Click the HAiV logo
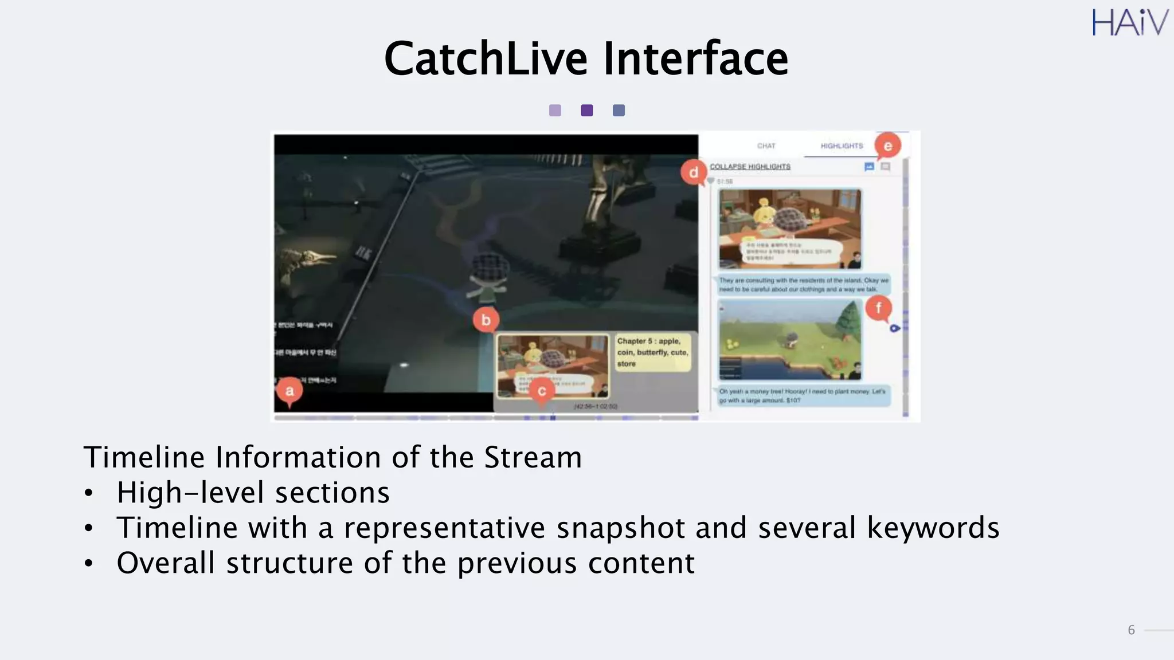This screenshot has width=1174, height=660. click(x=1129, y=23)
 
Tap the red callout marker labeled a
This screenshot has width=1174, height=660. click(x=289, y=391)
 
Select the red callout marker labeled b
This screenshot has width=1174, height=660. click(x=486, y=320)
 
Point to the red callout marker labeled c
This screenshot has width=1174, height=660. click(x=541, y=391)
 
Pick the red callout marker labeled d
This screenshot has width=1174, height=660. click(x=694, y=172)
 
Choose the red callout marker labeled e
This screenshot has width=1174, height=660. click(x=887, y=146)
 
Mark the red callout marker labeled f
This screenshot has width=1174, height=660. click(x=878, y=308)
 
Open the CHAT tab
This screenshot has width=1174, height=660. click(x=766, y=146)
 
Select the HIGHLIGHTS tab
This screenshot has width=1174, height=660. click(x=841, y=146)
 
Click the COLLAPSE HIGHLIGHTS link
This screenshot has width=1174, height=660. click(x=750, y=167)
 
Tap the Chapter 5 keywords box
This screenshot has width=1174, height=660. click(x=652, y=352)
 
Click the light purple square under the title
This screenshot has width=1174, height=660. click(x=555, y=111)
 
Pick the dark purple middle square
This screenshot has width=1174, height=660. click(x=587, y=111)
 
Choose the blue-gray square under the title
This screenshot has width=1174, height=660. click(x=619, y=111)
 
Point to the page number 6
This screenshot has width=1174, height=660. click(x=1131, y=630)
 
